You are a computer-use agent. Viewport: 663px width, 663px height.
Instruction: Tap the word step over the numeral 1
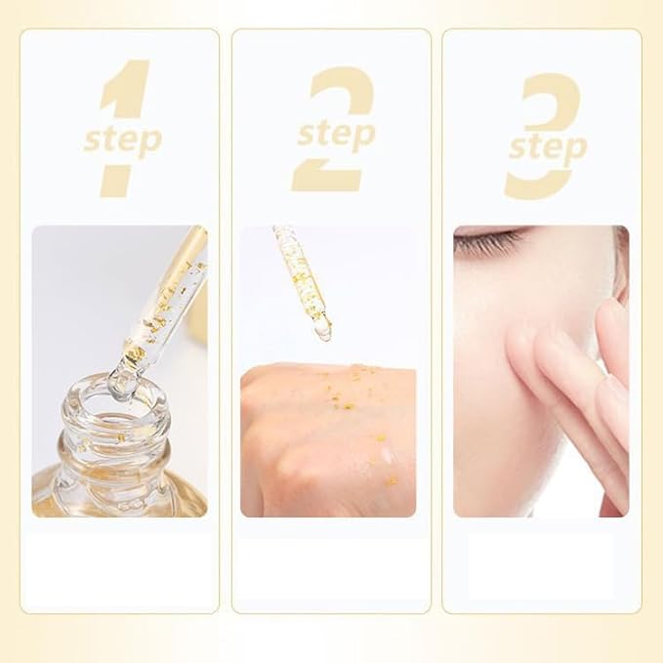click(124, 138)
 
